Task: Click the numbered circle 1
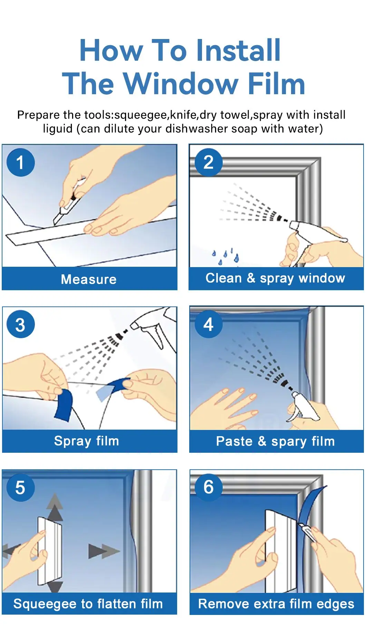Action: (20, 162)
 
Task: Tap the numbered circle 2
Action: (208, 162)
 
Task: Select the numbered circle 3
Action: (20, 324)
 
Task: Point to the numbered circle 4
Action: (208, 324)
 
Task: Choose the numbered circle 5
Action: (20, 487)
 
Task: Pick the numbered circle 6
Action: (208, 487)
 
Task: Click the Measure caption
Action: (89, 279)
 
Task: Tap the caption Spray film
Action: (86, 441)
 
